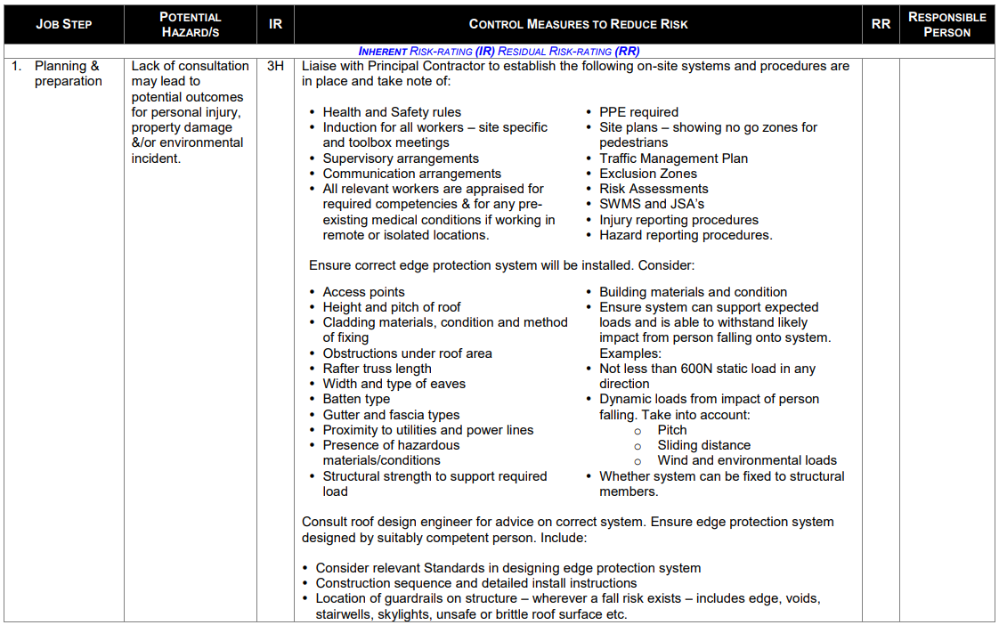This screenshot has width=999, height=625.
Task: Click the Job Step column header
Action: (63, 24)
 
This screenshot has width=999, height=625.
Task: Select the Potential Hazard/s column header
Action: (190, 24)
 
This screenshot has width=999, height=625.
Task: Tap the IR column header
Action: (275, 24)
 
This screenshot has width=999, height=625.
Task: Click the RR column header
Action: (881, 24)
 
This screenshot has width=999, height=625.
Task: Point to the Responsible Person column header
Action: (946, 24)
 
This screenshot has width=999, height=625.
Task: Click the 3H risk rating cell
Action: (275, 66)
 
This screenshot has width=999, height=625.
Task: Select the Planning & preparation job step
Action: (68, 73)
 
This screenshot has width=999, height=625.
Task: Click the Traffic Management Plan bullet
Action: (673, 158)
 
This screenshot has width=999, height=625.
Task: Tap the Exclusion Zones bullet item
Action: (647, 174)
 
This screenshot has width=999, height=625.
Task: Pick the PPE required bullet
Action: (638, 112)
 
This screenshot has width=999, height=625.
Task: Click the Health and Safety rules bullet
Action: (392, 112)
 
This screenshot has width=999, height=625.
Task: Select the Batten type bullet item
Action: (356, 399)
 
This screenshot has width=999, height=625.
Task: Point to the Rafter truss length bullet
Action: (377, 369)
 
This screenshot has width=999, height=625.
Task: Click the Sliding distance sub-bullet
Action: (703, 445)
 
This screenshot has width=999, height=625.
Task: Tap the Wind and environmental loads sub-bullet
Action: (747, 460)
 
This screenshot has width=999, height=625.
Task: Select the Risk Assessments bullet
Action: (654, 189)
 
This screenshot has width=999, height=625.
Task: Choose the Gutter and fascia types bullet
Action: (391, 415)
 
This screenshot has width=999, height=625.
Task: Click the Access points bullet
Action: (363, 292)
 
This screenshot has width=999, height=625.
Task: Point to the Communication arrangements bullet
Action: (411, 174)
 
